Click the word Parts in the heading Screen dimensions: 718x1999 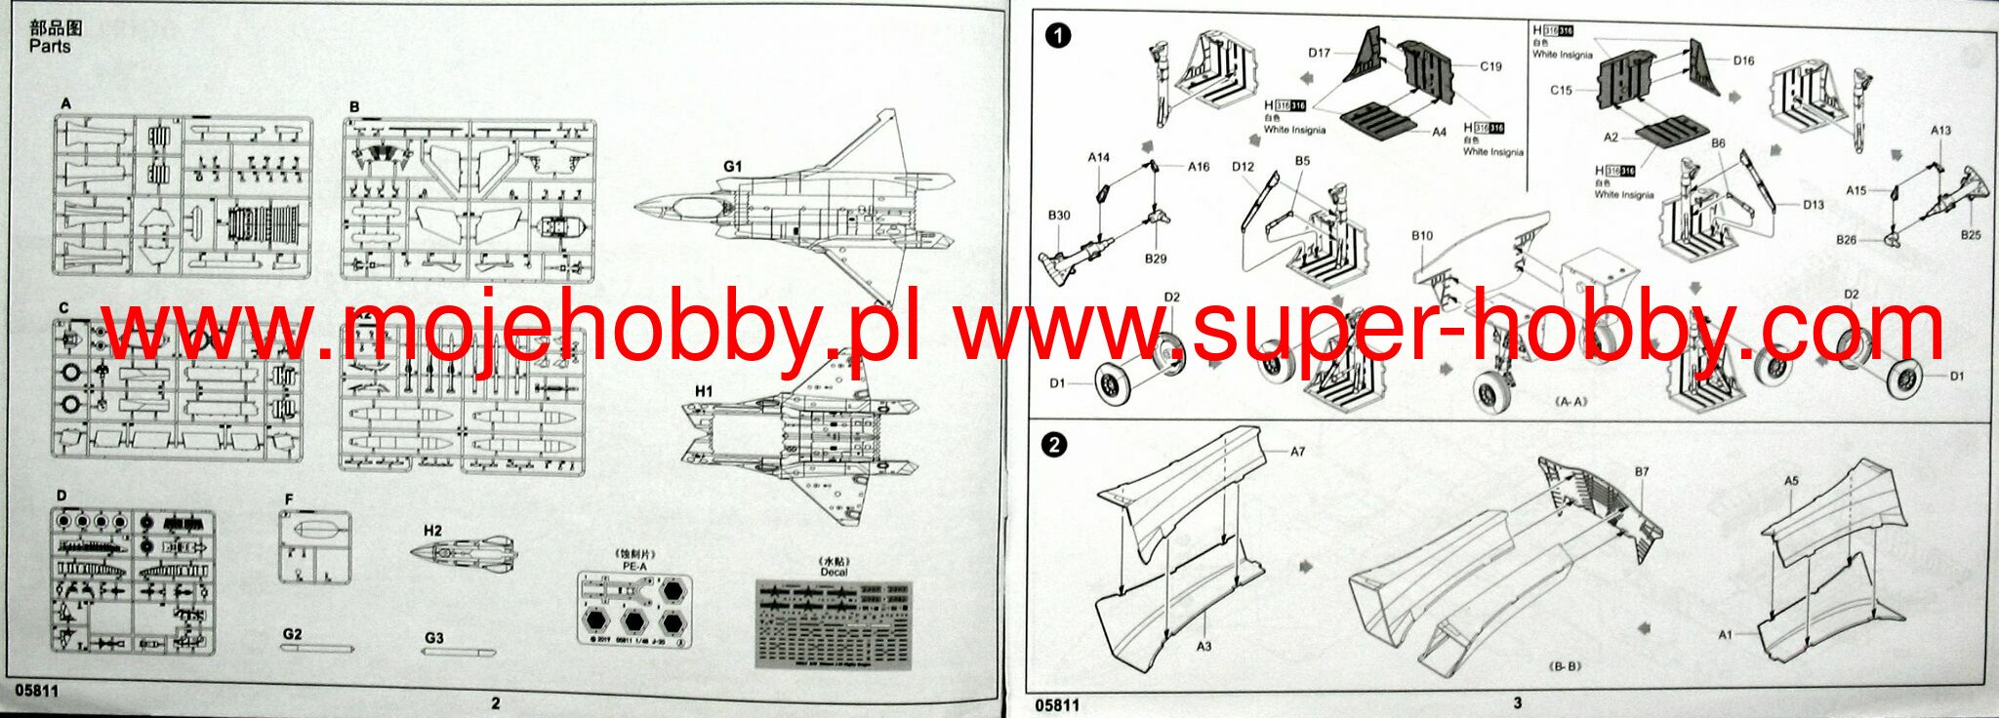point(49,46)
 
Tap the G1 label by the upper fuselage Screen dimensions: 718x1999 point(732,167)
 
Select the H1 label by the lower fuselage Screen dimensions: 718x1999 point(704,391)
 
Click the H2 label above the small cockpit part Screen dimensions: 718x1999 point(432,531)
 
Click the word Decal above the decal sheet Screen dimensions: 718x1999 point(834,572)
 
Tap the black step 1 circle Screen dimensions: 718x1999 point(1057,37)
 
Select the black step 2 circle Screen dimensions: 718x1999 point(1055,445)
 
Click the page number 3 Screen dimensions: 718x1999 point(1517,702)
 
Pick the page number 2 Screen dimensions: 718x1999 point(495,702)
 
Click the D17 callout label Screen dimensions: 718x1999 point(1319,53)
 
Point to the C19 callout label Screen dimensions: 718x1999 point(1490,66)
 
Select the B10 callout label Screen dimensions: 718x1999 point(1421,235)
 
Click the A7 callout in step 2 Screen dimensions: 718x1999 point(1297,452)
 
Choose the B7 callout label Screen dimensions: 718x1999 point(1642,472)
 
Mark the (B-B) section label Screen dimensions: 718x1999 point(1565,666)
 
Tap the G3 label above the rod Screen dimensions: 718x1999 point(434,638)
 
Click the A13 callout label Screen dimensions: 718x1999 point(1940,130)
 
